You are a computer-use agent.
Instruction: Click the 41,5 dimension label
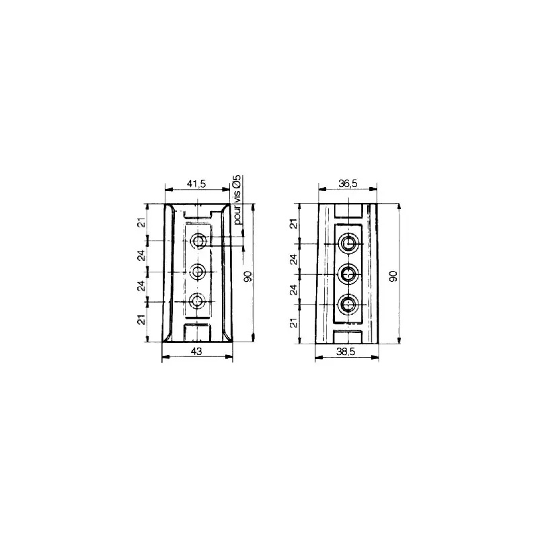point(196,184)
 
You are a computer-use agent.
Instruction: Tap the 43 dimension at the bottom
point(196,351)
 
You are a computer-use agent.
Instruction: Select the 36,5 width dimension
point(348,184)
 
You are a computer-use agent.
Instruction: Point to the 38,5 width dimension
point(346,352)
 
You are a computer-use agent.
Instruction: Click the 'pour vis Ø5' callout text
point(237,200)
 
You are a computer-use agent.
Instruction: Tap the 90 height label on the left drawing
point(247,276)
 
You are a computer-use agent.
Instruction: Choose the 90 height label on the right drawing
point(393,276)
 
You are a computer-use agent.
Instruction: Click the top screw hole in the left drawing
point(198,241)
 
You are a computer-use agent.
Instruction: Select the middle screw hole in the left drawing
point(197,272)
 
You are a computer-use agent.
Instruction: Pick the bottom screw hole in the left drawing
point(196,301)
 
